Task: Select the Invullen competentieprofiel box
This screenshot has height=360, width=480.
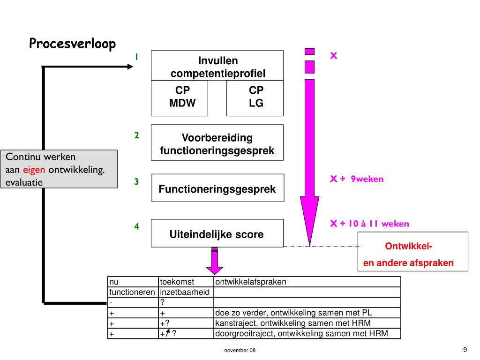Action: tap(217, 66)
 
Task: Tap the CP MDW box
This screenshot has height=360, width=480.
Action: tap(179, 97)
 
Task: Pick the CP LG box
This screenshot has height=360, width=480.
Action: tap(255, 97)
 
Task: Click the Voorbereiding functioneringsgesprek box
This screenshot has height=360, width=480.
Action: tap(217, 144)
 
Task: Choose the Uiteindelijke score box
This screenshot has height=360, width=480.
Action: tap(217, 233)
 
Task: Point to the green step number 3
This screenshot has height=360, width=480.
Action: tap(136, 182)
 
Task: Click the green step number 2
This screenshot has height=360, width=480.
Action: tap(136, 136)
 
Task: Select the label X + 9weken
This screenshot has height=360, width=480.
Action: tap(357, 179)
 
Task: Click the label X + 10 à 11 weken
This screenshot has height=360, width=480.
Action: tap(369, 224)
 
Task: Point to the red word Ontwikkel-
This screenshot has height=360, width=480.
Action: tap(408, 247)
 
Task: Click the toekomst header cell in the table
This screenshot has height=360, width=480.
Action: tap(177, 282)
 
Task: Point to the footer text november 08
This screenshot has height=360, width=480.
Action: tap(240, 351)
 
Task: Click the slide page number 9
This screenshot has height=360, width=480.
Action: tap(465, 349)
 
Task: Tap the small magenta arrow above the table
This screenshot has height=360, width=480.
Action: tap(215, 262)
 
